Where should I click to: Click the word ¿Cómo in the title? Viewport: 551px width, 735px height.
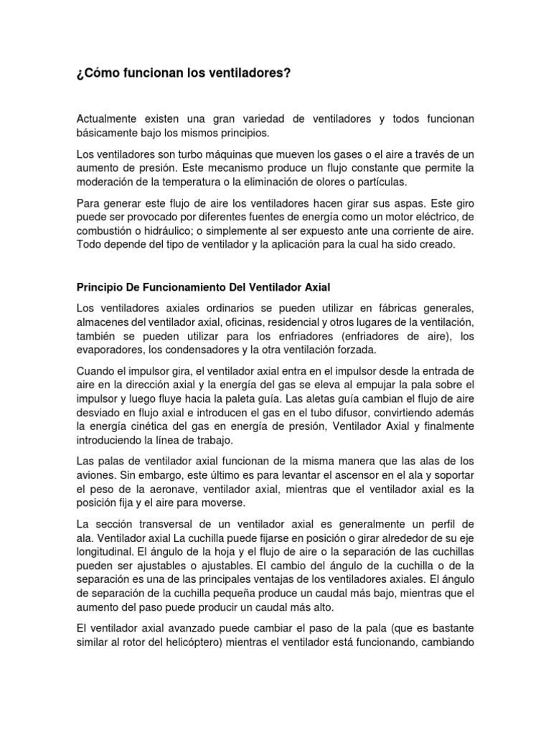(97, 73)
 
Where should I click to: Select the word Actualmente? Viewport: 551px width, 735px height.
(110, 118)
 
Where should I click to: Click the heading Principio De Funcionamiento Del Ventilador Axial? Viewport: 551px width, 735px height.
(203, 288)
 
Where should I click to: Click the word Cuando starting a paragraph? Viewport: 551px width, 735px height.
(97, 370)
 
